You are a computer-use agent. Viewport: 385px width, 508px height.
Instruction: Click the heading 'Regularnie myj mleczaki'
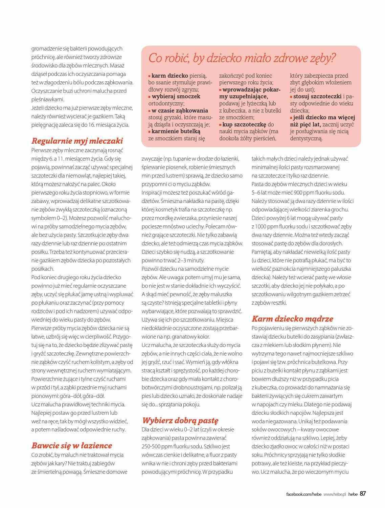tap(77, 141)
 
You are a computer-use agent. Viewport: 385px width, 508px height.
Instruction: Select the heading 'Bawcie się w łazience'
tap(72, 445)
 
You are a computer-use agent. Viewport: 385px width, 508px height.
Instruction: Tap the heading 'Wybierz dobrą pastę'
tap(180, 420)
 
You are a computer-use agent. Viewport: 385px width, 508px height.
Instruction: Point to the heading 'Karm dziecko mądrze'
tap(293, 319)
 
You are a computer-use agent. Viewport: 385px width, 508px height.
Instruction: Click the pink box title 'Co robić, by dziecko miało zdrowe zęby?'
tap(242, 58)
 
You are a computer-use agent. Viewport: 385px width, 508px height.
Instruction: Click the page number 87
tap(363, 494)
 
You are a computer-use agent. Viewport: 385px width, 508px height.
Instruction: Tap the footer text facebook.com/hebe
tap(302, 494)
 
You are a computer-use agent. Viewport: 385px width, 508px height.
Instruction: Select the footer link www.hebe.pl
tap(333, 494)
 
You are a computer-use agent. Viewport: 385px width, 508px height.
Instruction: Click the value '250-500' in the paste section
tap(154, 446)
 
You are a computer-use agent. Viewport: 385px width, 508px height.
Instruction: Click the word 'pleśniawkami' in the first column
tap(47, 100)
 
